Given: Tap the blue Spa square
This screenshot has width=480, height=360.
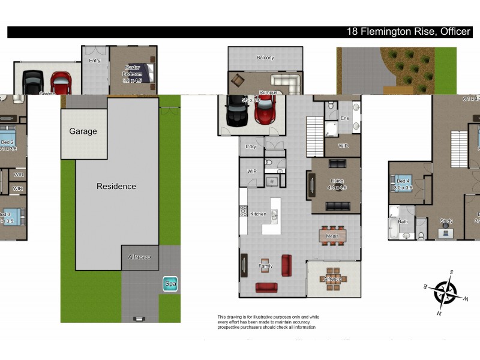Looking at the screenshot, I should click(170, 284).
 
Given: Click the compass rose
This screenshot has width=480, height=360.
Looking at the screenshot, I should click(446, 292).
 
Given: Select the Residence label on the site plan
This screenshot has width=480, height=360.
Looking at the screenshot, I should click(116, 187).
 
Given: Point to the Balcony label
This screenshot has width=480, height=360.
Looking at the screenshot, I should click(265, 58).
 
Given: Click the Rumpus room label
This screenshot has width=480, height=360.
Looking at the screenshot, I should click(268, 92).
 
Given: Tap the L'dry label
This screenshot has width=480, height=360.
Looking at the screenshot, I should click(251, 146).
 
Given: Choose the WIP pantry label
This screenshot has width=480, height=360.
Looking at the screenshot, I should click(252, 171).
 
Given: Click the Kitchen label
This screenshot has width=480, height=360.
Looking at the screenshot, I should click(258, 214).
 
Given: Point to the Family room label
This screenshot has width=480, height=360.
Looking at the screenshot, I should click(265, 266).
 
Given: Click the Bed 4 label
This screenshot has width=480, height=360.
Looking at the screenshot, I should click(402, 181).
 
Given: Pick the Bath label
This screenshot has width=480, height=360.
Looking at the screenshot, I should click(403, 221).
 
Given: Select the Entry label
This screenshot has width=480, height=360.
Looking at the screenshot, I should click(95, 61).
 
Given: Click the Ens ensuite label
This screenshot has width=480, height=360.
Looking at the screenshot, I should click(344, 119).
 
